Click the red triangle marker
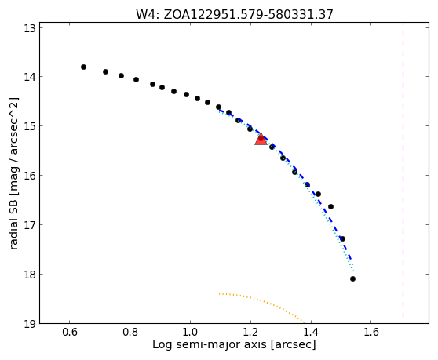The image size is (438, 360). [261, 140]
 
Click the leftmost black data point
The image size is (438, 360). [83, 67]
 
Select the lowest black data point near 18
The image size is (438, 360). [352, 278]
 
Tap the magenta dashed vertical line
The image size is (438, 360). [403, 170]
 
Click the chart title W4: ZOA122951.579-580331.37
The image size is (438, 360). [235, 15]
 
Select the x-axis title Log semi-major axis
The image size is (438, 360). [210, 344]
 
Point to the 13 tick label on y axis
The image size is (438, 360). [30, 28]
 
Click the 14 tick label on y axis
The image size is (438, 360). [30, 77]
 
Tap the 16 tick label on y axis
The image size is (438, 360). [30, 176]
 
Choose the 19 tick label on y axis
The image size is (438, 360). [30, 324]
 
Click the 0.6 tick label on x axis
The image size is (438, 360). [70, 332]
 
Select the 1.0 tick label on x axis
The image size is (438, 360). [190, 332]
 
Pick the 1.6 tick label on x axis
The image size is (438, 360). [371, 332]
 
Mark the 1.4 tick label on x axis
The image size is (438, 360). [311, 332]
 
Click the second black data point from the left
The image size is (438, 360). [106, 71]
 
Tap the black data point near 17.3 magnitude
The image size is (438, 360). [342, 239]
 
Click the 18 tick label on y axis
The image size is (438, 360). [30, 275]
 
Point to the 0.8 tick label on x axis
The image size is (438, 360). [130, 332]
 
